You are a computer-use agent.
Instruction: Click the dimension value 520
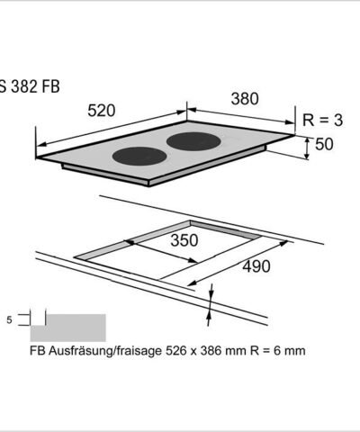click(103, 111)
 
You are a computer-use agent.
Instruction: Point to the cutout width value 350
click(184, 241)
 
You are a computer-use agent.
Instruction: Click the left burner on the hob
click(139, 155)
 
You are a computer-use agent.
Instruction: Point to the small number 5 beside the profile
click(8, 319)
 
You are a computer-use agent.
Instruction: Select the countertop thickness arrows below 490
click(211, 301)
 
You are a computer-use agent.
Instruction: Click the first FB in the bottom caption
click(38, 350)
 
